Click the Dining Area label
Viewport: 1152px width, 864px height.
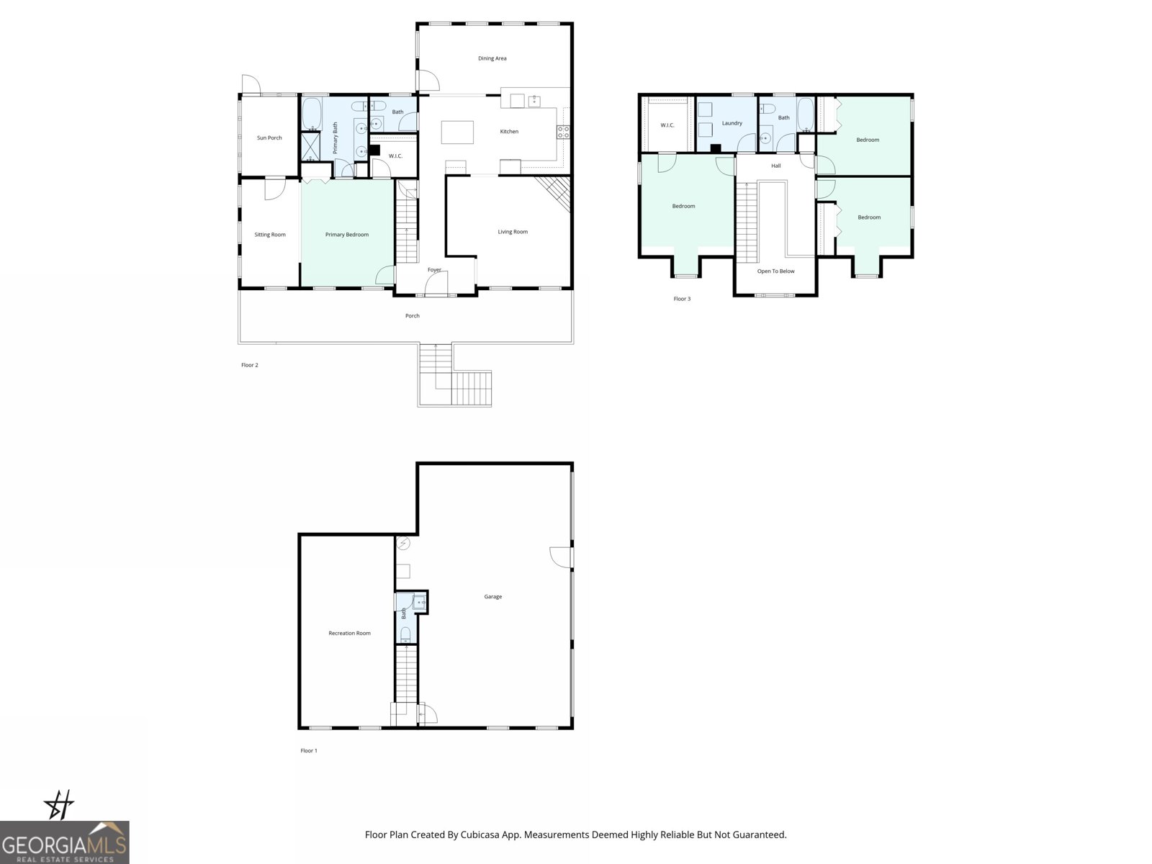click(492, 58)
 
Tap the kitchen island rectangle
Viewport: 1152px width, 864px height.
click(458, 132)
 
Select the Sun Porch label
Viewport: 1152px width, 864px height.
click(269, 138)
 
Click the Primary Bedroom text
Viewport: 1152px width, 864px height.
click(346, 235)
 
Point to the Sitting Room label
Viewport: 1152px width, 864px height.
click(270, 235)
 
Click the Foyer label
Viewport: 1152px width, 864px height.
click(434, 270)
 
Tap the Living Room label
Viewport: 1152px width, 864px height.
click(513, 232)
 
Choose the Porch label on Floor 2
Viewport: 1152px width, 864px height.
click(412, 315)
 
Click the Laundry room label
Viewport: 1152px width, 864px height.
click(732, 123)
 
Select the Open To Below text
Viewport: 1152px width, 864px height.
click(775, 271)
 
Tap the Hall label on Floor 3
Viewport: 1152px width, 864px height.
click(775, 166)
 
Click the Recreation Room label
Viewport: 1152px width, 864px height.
click(349, 633)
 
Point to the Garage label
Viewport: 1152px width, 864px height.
click(492, 596)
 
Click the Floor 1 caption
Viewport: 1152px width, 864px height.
click(309, 750)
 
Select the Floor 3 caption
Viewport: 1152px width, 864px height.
click(682, 299)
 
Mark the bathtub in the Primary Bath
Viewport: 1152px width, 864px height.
click(311, 114)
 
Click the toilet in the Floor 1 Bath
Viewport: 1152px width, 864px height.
click(405, 634)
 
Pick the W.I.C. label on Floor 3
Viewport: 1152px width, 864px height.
click(667, 125)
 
